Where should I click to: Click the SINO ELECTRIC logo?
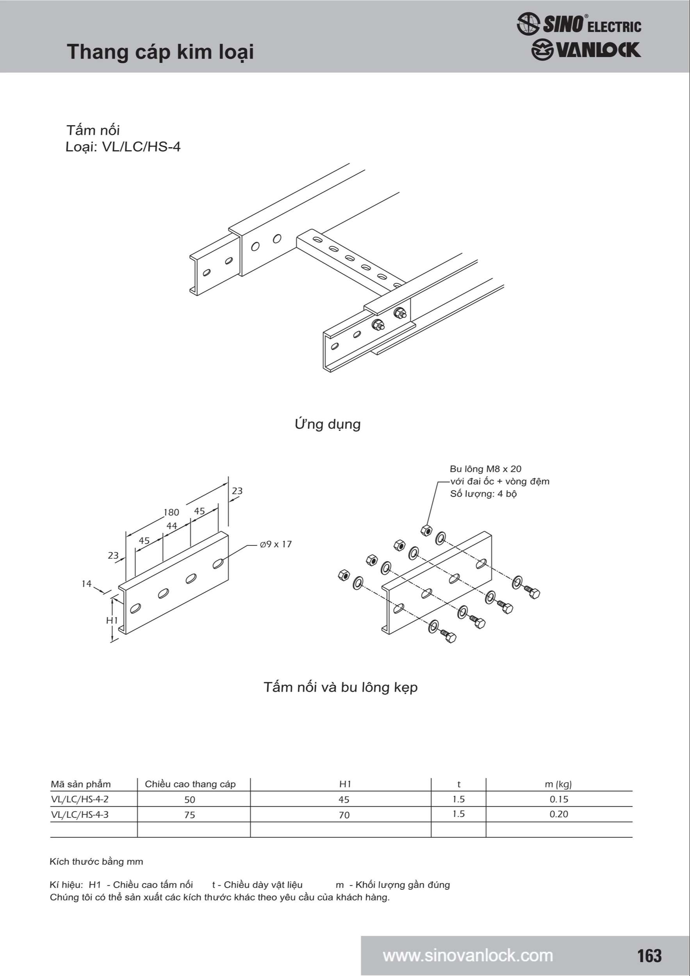pyautogui.click(x=579, y=24)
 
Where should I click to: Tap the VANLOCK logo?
pyautogui.click(x=586, y=50)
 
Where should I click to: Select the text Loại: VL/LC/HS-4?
pyautogui.click(x=123, y=147)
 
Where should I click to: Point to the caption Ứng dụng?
pyautogui.click(x=327, y=424)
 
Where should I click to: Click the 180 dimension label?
pyautogui.click(x=171, y=513)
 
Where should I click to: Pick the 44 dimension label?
pyautogui.click(x=172, y=526)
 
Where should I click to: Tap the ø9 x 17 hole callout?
pyautogui.click(x=276, y=545)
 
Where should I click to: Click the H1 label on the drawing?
pyautogui.click(x=112, y=621)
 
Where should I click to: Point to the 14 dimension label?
pyautogui.click(x=86, y=584)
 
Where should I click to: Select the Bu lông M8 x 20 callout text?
pyautogui.click(x=485, y=469)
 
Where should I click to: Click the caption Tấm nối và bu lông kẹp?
pyautogui.click(x=340, y=687)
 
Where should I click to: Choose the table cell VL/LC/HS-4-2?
pyautogui.click(x=80, y=799)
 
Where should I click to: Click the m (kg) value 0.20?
pyautogui.click(x=559, y=814)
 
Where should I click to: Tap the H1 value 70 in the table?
pyautogui.click(x=344, y=815)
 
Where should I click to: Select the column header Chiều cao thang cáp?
pyautogui.click(x=190, y=784)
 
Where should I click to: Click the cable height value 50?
pyautogui.click(x=190, y=800)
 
